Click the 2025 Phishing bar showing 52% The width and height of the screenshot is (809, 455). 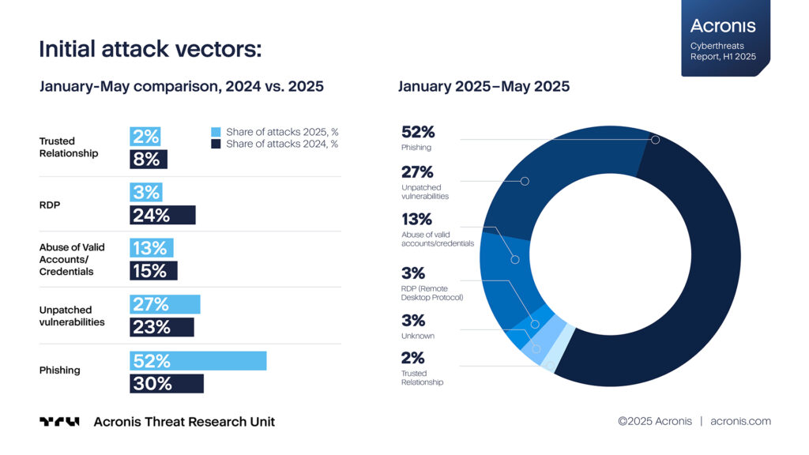click(198, 361)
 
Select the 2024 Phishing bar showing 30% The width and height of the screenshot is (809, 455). click(167, 384)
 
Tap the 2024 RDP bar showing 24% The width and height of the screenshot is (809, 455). click(163, 215)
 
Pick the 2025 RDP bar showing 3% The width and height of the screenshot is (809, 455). click(146, 193)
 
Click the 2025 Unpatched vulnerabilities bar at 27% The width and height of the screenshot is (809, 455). click(165, 304)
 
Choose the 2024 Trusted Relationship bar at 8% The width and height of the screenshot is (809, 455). click(149, 160)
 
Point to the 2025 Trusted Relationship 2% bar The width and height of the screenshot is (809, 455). click(145, 137)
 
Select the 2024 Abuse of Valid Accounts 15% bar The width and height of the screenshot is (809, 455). click(154, 271)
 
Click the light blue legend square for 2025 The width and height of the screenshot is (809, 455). click(216, 132)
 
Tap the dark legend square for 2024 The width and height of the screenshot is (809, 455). click(216, 144)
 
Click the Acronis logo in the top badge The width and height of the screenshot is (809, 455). click(723, 26)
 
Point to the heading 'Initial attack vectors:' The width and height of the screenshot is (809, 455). click(151, 50)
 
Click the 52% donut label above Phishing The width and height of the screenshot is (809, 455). click(418, 132)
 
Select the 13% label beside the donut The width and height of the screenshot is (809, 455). click(417, 220)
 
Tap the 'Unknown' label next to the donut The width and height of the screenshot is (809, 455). click(418, 336)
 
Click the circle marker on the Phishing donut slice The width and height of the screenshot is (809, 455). click(655, 140)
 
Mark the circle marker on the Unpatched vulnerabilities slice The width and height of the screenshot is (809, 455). click(525, 181)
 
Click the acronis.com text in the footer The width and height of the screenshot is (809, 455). click(740, 421)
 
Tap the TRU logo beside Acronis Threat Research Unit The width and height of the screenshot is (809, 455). click(59, 422)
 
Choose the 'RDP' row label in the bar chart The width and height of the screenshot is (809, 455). click(50, 205)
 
